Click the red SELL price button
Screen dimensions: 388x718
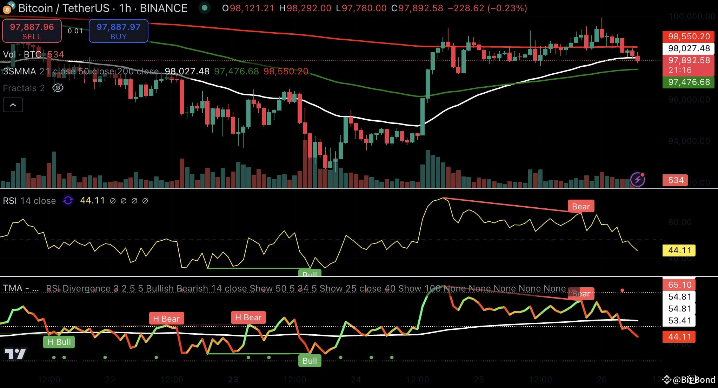pyautogui.click(x=32, y=31)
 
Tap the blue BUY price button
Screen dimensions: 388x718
pyautogui.click(x=118, y=31)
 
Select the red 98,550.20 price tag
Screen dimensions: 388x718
pyautogui.click(x=689, y=36)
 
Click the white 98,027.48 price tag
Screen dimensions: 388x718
pyautogui.click(x=689, y=48)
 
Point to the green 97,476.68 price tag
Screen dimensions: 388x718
pyautogui.click(x=689, y=82)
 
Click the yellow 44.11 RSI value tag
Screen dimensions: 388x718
pyautogui.click(x=679, y=250)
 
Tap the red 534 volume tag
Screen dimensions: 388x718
pyautogui.click(x=676, y=180)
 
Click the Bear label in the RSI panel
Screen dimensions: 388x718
pyautogui.click(x=581, y=207)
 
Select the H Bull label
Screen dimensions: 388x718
pyautogui.click(x=59, y=342)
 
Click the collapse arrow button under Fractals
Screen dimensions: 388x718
pyautogui.click(x=13, y=105)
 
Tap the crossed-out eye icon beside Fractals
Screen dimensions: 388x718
pyautogui.click(x=58, y=88)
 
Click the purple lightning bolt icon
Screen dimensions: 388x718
pyautogui.click(x=637, y=180)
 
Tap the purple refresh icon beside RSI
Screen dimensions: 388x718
pyautogui.click(x=68, y=200)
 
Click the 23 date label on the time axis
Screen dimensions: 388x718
pyautogui.click(x=233, y=380)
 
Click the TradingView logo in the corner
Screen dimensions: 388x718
pyautogui.click(x=15, y=354)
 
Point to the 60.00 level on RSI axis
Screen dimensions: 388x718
pyautogui.click(x=680, y=222)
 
